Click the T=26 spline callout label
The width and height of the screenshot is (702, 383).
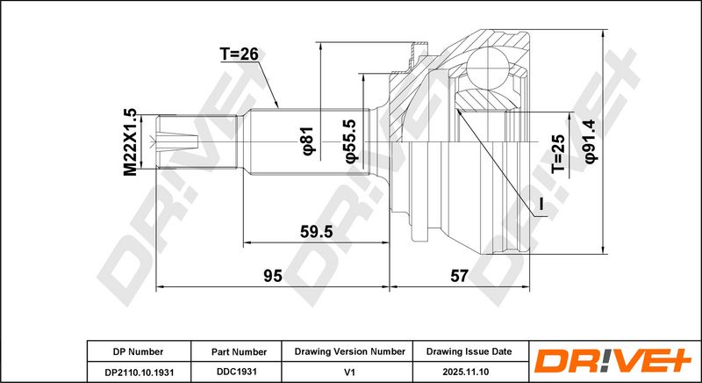click(x=239, y=54)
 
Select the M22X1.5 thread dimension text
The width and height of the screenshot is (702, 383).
click(x=130, y=142)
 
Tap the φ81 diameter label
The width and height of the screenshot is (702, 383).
click(x=309, y=141)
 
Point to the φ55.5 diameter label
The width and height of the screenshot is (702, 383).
click(x=349, y=141)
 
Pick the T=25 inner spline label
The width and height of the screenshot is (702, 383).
click(x=558, y=154)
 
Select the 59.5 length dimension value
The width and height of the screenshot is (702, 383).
click(x=316, y=232)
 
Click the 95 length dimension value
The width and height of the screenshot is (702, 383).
click(x=272, y=276)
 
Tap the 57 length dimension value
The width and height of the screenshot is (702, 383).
click(x=459, y=276)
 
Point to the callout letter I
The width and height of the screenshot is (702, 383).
click(x=541, y=205)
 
